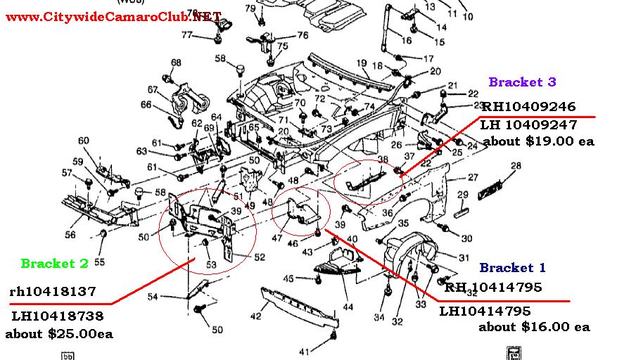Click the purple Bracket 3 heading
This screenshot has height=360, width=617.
pos(522,82)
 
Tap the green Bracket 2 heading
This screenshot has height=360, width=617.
pos(54,264)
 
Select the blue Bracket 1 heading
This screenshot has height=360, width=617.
pos(512,268)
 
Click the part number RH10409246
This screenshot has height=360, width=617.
pos(528,107)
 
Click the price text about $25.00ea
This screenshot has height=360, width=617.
pos(59,333)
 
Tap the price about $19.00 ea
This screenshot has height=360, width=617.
pos(538,141)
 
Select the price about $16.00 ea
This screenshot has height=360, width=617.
pos(534,327)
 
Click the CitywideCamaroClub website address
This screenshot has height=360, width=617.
pos(113,16)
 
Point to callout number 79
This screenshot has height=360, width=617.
pos(250,8)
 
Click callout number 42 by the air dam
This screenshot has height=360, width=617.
pos(255,316)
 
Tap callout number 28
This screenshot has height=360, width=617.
pos(516,166)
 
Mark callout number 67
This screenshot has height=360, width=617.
pos(153,89)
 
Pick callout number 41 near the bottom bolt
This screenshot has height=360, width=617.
pos(304,352)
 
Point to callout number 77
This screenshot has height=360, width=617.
pos(188,35)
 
